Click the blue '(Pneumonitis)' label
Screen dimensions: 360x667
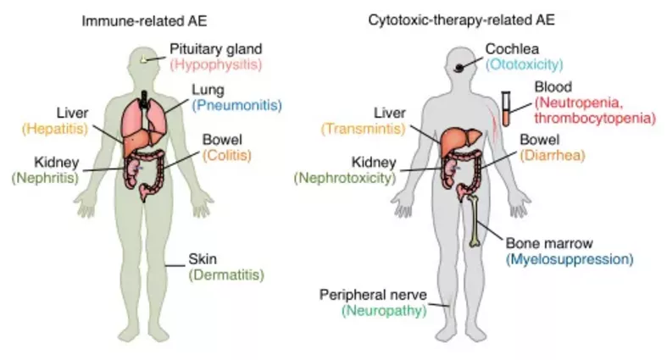(236, 106)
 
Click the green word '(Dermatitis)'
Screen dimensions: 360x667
(227, 274)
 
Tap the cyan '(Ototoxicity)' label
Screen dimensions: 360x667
(525, 64)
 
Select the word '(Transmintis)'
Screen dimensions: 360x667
(360, 128)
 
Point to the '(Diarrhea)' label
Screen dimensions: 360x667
(552, 154)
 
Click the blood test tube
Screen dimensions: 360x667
(506, 109)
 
